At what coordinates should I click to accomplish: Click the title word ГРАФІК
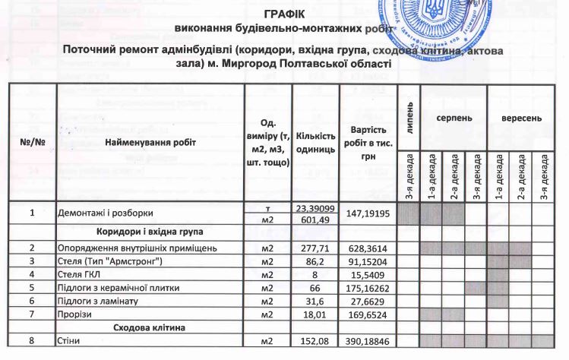[285, 14]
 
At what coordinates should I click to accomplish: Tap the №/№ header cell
[33, 142]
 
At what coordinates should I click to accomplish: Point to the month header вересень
[521, 119]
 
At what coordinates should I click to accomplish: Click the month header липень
[409, 112]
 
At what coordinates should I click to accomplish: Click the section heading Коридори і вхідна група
[150, 232]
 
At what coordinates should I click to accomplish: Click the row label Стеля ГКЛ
[81, 274]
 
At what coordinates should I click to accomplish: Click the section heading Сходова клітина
[150, 328]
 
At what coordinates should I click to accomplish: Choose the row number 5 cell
[33, 288]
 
